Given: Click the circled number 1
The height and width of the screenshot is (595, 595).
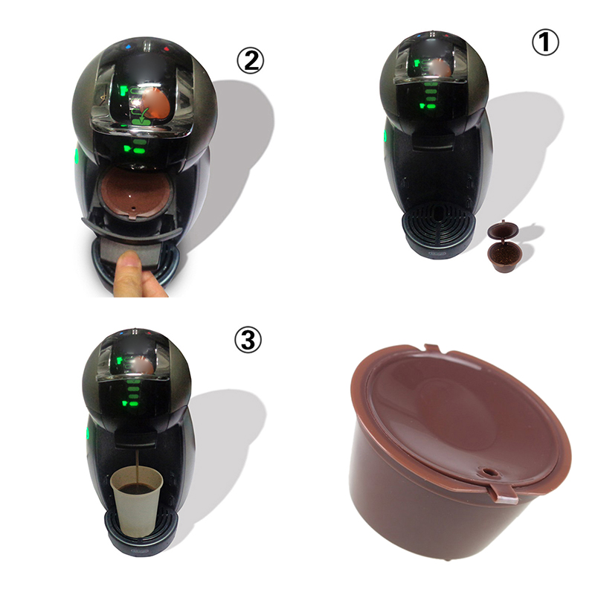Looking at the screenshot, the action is click(545, 42).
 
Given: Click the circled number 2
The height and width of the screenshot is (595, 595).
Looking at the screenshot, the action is click(250, 61).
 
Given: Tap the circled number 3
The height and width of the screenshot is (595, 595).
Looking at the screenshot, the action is click(248, 340).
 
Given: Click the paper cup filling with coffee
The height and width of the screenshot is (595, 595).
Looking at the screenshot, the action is click(137, 501).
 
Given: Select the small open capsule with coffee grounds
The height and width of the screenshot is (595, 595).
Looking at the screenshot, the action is click(503, 246).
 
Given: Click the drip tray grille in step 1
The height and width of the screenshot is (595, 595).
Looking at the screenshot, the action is click(439, 225).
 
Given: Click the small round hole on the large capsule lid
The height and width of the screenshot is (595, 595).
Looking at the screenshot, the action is click(488, 472).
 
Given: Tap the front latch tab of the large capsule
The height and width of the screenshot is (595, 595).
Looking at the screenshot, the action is click(504, 495).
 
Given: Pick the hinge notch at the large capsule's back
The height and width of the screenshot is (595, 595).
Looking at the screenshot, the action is click(432, 348).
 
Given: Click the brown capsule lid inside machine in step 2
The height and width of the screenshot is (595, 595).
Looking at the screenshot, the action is click(135, 193).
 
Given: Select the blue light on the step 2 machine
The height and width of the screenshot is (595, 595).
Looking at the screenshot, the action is click(128, 48).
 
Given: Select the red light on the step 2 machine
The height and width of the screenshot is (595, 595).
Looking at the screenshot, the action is click(166, 49).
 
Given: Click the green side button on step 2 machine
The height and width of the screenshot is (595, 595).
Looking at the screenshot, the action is click(76, 155).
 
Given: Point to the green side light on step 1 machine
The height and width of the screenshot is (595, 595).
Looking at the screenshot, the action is click(385, 135).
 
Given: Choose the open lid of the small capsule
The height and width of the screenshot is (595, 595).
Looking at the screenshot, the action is click(503, 231).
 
